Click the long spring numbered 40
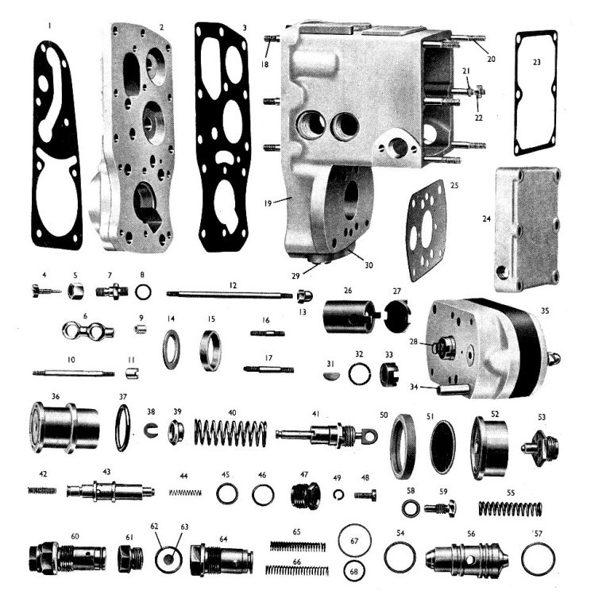[x=230, y=433]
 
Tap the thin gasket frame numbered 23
[x=536, y=93]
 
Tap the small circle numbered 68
[x=355, y=570]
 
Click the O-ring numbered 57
[x=538, y=559]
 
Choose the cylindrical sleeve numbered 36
[x=64, y=427]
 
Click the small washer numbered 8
[x=143, y=293]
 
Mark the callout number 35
[x=545, y=311]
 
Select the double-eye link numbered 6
[x=87, y=330]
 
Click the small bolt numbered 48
[x=365, y=496]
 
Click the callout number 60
[x=75, y=536]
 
